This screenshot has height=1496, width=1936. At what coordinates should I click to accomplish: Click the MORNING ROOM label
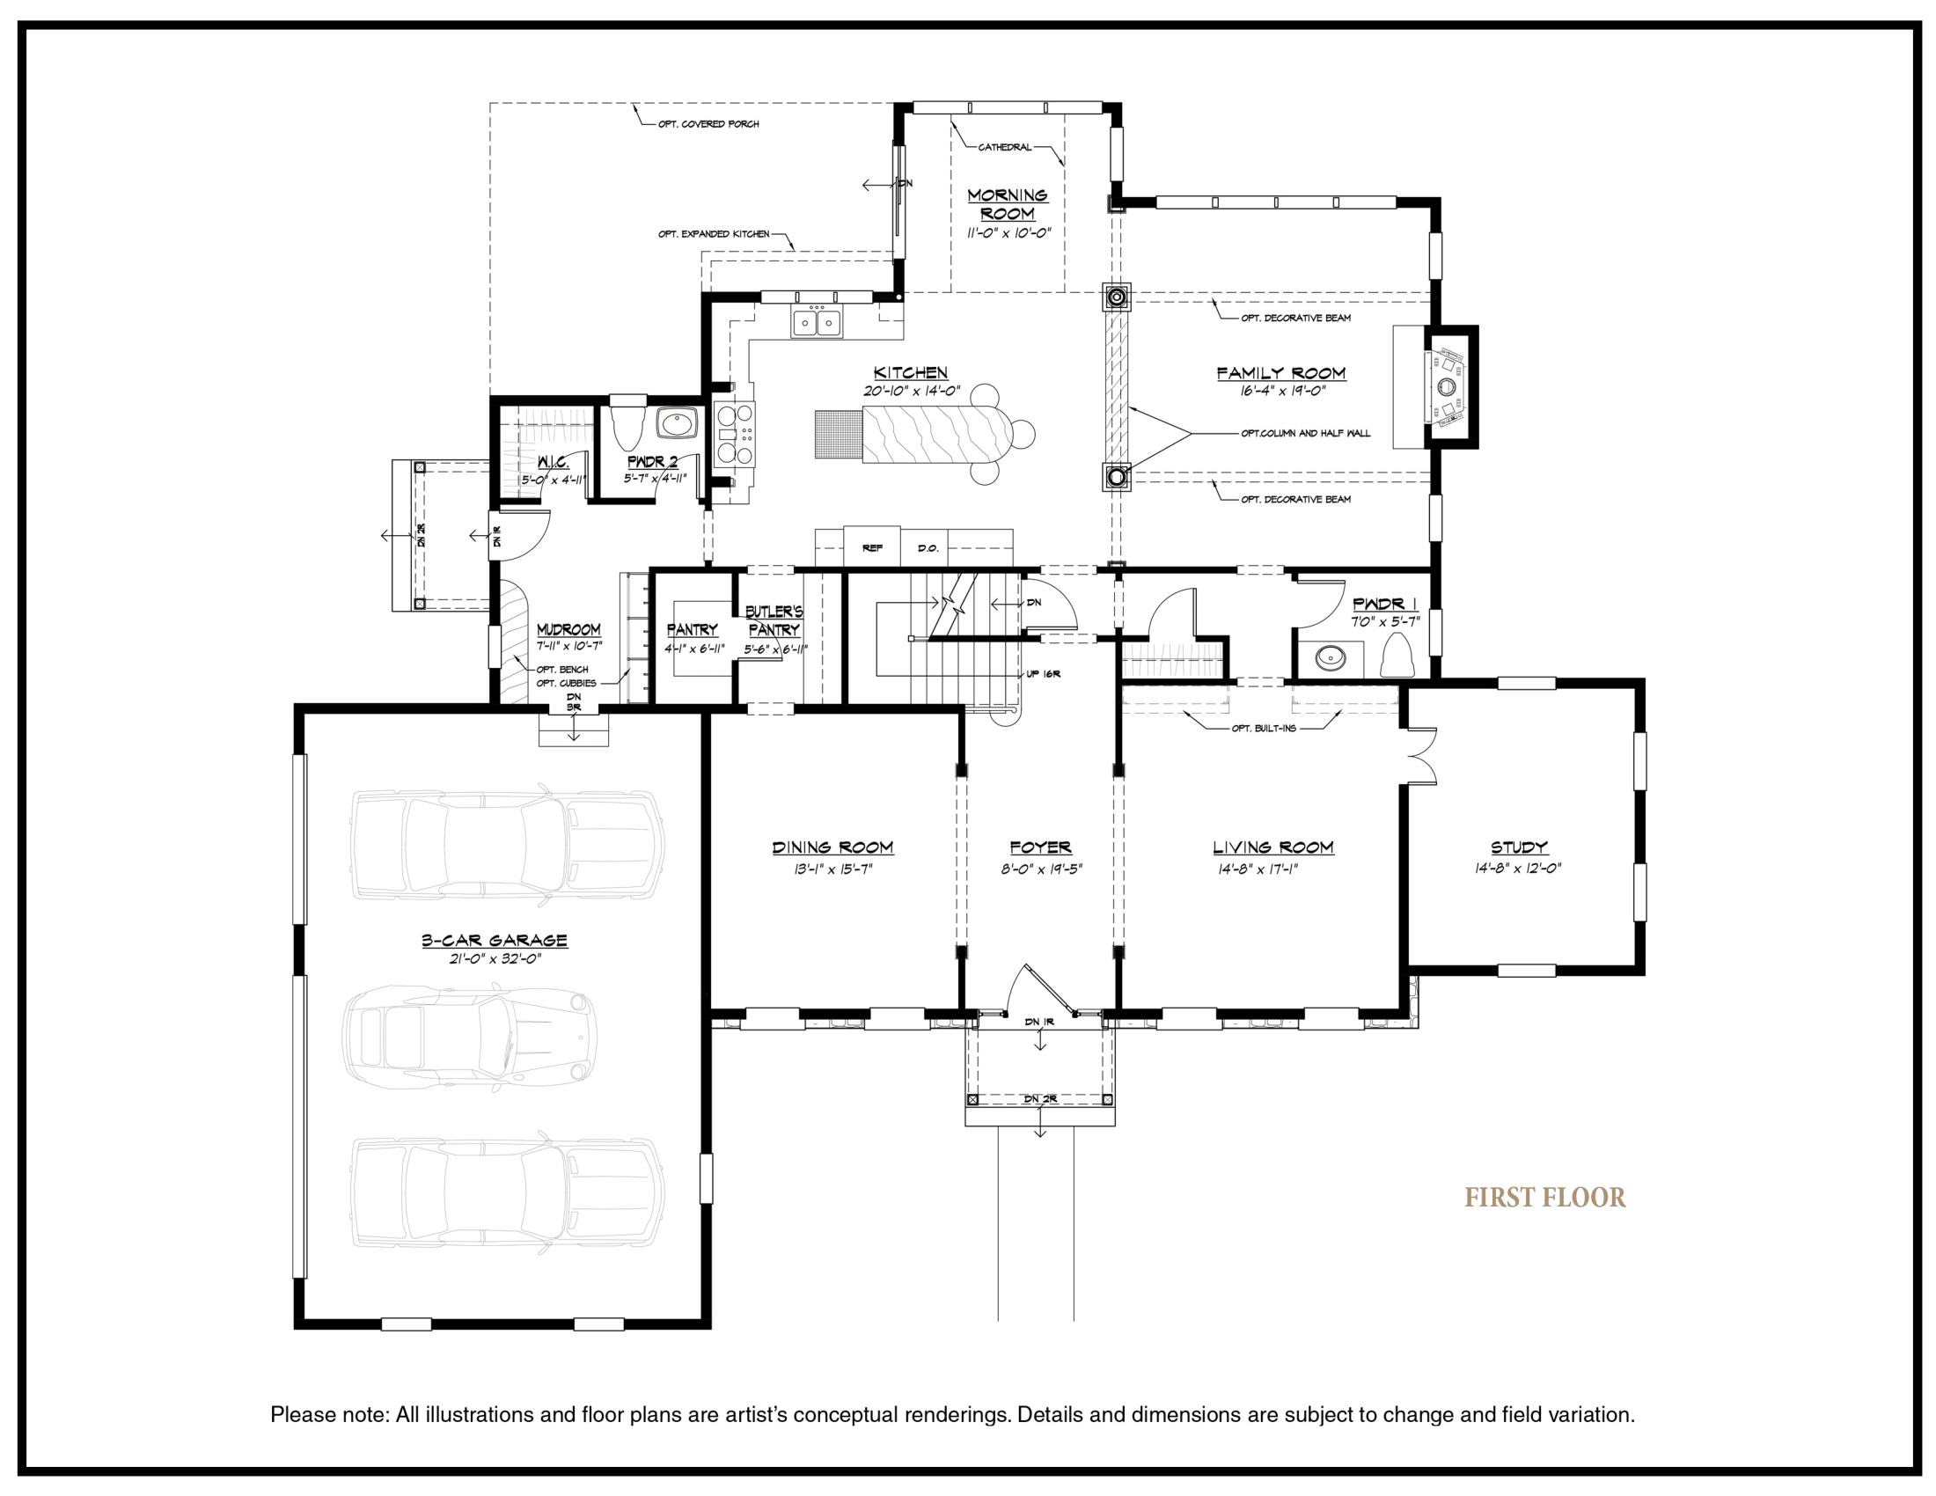click(x=1007, y=205)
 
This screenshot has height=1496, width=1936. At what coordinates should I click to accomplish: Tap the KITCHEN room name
click(x=911, y=373)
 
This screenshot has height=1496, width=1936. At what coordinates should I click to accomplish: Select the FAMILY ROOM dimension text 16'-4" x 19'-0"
click(x=1283, y=391)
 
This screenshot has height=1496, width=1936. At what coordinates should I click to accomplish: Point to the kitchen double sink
click(x=817, y=323)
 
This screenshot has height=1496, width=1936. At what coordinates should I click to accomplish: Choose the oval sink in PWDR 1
click(x=1330, y=657)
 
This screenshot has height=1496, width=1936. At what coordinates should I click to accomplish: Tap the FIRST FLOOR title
click(x=1545, y=1199)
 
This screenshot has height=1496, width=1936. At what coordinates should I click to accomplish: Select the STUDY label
click(x=1519, y=847)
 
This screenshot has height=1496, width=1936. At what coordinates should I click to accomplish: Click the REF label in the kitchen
click(x=872, y=548)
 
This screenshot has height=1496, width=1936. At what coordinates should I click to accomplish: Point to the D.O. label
click(x=928, y=548)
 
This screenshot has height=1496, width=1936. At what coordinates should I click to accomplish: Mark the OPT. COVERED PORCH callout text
click(x=708, y=124)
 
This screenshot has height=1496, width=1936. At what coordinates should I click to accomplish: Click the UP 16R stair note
click(x=1044, y=674)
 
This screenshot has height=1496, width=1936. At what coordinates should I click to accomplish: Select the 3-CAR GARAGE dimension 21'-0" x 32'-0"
click(x=495, y=958)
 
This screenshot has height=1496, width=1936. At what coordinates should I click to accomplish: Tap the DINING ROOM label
click(x=832, y=847)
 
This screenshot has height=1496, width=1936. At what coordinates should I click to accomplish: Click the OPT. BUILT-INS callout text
click(x=1263, y=729)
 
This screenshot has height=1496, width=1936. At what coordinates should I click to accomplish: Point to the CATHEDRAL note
click(x=1004, y=147)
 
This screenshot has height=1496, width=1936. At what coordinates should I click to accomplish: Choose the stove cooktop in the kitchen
click(x=735, y=434)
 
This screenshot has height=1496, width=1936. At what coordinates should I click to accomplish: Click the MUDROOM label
click(x=568, y=629)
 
